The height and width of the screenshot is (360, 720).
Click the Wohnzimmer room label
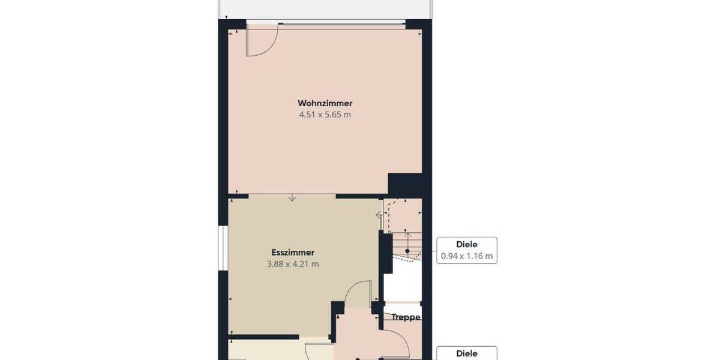click(325, 103)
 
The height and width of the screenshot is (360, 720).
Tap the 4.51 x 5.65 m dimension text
click(325, 115)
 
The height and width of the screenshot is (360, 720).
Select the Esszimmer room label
click(293, 253)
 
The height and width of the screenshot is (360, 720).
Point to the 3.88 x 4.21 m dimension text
click(293, 264)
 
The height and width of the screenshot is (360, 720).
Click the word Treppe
click(406, 317)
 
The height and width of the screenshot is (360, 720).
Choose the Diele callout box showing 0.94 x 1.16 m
click(467, 250)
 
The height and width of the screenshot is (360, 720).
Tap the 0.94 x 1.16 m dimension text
click(467, 257)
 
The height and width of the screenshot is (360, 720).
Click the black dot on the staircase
click(407, 251)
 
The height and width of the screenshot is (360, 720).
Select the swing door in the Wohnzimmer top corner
click(262, 41)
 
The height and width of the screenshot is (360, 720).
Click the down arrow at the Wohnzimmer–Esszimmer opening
click(292, 198)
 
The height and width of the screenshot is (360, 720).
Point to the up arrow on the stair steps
click(407, 235)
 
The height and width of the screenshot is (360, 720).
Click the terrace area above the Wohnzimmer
click(324, 8)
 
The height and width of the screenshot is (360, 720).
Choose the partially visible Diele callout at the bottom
click(467, 353)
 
